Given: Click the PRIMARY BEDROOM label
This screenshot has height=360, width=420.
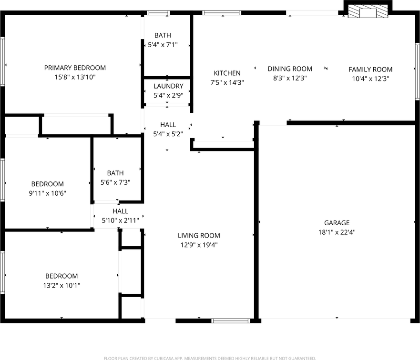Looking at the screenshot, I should coord(75,68).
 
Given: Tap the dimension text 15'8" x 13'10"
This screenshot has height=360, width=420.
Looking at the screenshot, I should coord(75,77).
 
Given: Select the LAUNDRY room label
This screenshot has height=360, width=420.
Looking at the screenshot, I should coord(168,86).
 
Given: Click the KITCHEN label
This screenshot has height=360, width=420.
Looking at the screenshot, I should coord(227,73).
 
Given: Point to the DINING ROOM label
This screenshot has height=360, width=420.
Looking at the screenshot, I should coord(290,69).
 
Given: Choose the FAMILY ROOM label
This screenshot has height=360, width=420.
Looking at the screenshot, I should coord(370,70).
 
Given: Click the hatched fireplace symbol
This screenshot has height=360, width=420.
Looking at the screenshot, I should coord(368,12).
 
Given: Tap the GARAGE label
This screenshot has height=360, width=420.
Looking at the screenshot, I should coord(337,223).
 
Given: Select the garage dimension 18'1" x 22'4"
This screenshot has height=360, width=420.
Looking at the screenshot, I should coord(337,232).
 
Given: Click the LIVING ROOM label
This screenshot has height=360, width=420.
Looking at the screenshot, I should coord(199,235).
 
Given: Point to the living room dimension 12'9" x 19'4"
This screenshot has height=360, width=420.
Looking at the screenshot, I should coord(199,245).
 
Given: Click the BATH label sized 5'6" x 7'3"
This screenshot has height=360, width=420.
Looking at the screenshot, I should coord(115,173).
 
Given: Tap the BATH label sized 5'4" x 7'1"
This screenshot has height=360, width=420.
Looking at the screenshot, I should coord(163,35).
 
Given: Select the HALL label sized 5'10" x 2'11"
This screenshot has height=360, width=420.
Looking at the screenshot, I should coord(120,211).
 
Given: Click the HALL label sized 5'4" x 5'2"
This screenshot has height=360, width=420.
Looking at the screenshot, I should coord(168,125).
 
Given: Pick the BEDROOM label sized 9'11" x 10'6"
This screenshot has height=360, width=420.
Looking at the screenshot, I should coord(47,184).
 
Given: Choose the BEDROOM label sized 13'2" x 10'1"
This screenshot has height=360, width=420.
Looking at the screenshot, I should coord(61,276).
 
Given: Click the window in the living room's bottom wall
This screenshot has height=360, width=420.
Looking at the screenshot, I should coord(231,321).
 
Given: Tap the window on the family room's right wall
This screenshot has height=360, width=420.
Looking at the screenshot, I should coord(417,71).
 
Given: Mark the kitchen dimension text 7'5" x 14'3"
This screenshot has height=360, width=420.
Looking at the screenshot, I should coord(227,82).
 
